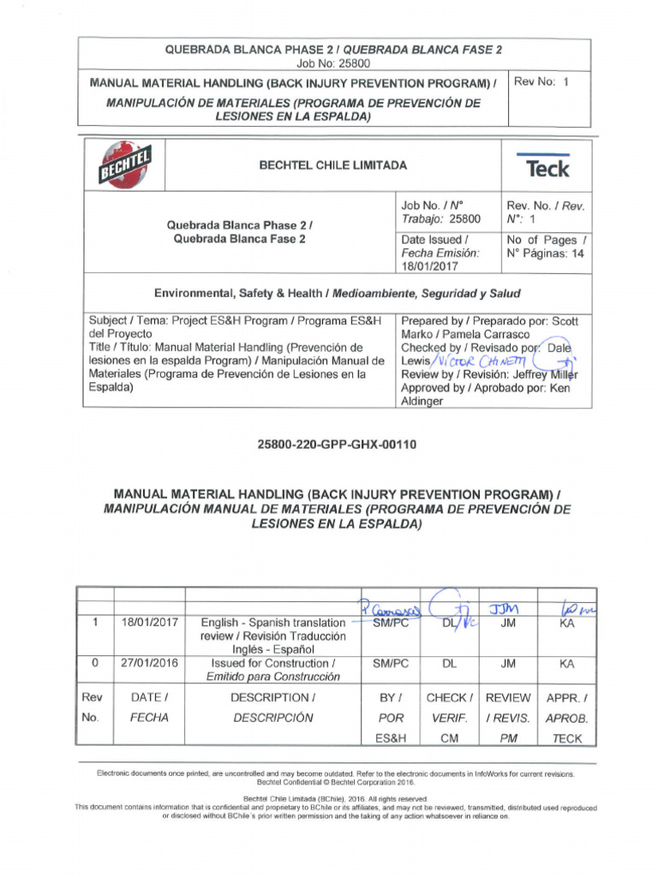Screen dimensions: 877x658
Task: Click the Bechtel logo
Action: (126, 165)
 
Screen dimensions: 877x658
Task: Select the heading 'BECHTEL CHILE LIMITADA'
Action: (333, 165)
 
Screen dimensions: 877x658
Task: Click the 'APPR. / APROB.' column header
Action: (566, 718)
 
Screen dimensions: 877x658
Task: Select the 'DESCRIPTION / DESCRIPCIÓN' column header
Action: (273, 707)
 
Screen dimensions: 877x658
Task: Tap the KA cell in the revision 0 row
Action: (566, 663)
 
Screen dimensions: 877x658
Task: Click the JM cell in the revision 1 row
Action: (508, 624)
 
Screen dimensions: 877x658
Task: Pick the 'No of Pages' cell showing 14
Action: (546, 247)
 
